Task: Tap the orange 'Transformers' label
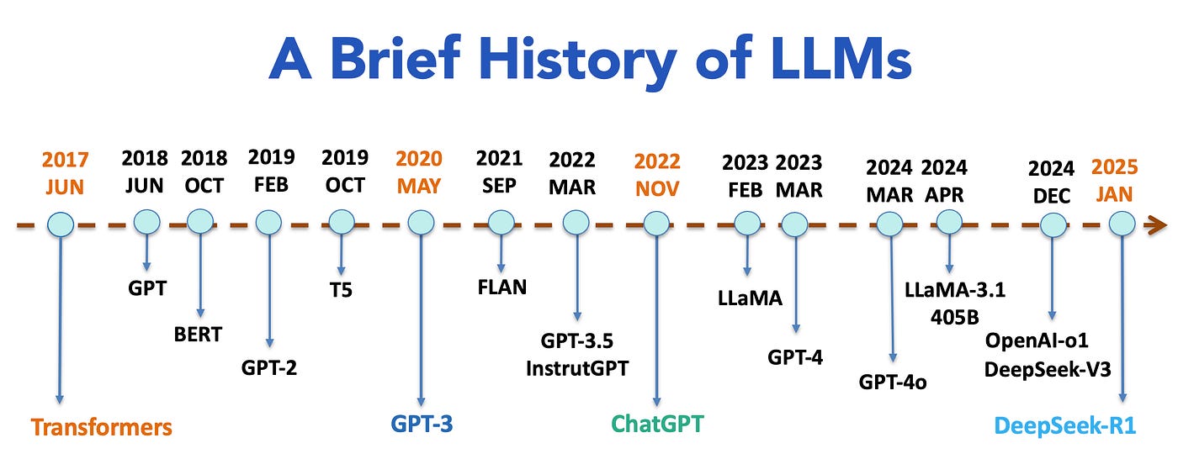(x=101, y=426)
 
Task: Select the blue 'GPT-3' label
(x=422, y=423)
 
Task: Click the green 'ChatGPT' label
(x=657, y=423)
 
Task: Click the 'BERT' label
(x=198, y=334)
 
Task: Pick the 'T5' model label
(x=341, y=290)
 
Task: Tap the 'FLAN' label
(x=501, y=287)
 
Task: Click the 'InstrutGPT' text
(x=576, y=367)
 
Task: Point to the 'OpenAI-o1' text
(x=1048, y=340)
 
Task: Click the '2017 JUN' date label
(x=65, y=172)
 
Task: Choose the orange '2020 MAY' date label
(x=418, y=172)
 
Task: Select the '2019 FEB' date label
(x=271, y=171)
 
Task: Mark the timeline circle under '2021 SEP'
(x=500, y=223)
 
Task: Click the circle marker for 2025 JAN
(x=1121, y=224)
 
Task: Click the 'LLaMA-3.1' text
(x=955, y=290)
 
